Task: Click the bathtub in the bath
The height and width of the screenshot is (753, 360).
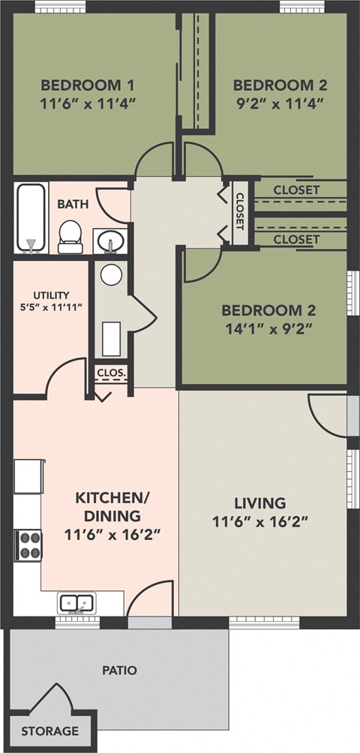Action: click(x=31, y=217)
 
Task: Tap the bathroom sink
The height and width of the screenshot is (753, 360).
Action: click(x=111, y=242)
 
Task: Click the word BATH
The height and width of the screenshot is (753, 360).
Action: click(x=72, y=203)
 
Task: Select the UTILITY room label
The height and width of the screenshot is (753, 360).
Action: click(x=50, y=295)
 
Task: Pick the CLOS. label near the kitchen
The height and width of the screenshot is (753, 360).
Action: click(x=111, y=372)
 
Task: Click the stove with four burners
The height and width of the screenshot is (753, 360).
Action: click(x=29, y=544)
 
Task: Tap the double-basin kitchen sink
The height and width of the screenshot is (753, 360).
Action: click(x=76, y=602)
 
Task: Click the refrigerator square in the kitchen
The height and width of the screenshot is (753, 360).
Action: click(x=27, y=476)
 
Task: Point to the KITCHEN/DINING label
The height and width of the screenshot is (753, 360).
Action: click(x=107, y=506)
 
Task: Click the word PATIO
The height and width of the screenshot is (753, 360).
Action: click(x=119, y=670)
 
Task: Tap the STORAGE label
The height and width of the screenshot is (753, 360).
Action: click(x=49, y=730)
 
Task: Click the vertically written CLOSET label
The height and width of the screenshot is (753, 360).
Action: click(x=240, y=212)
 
